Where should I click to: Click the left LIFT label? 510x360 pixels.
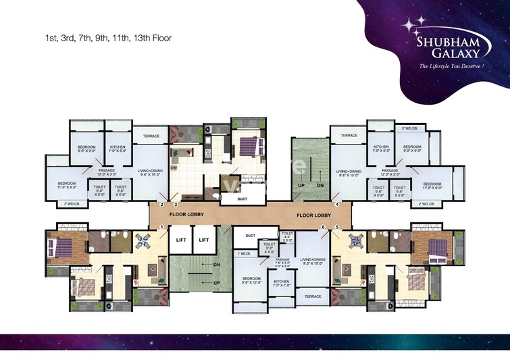click(x=180, y=239)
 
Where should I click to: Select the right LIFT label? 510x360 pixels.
click(x=204, y=239)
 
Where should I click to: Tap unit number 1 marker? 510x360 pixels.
click(x=161, y=227)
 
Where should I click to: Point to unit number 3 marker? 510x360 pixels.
click(x=176, y=204)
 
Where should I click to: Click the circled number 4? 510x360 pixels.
click(x=336, y=204)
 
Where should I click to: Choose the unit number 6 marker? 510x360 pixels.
click(x=323, y=227)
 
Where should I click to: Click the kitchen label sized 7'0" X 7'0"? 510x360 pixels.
click(x=282, y=284)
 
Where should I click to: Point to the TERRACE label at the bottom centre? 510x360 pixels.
click(x=312, y=296)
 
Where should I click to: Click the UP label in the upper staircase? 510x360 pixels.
click(x=301, y=184)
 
